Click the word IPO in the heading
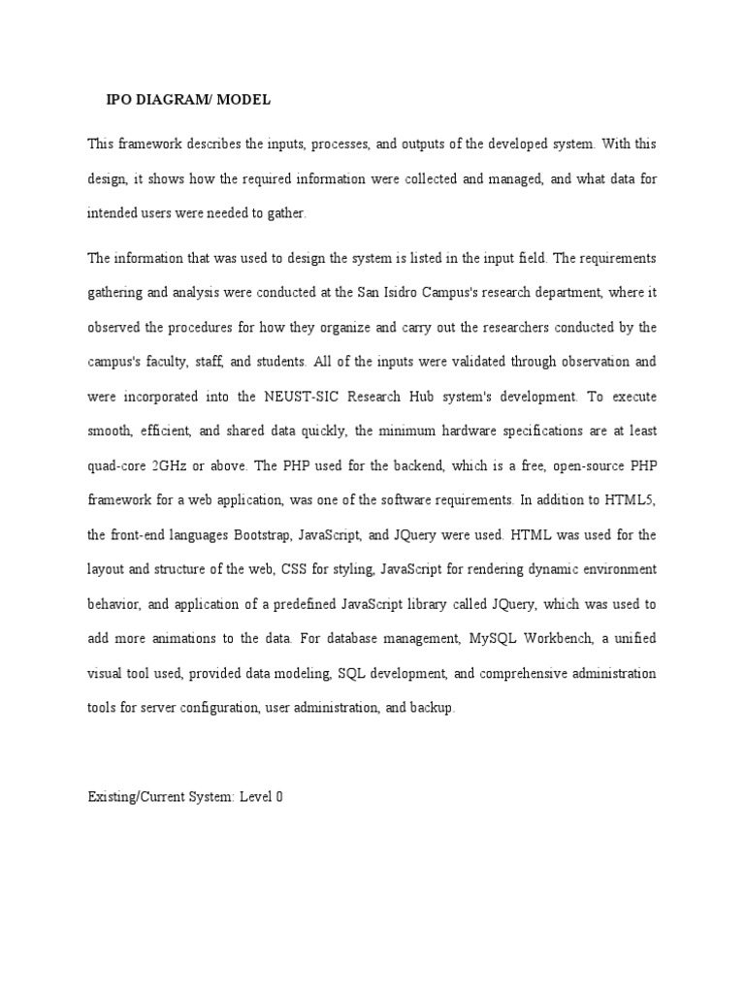click(x=118, y=100)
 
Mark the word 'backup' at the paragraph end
click(x=434, y=708)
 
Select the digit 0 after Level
click(x=280, y=798)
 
